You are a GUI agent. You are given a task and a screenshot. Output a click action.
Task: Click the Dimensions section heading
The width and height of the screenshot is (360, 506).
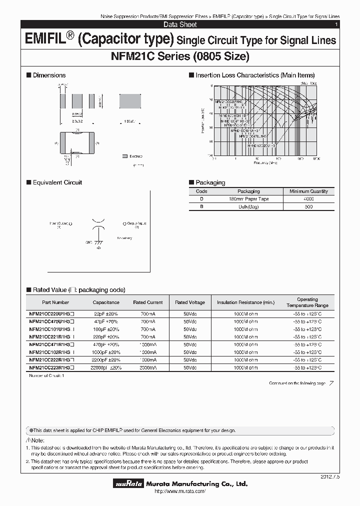click(x=49, y=75)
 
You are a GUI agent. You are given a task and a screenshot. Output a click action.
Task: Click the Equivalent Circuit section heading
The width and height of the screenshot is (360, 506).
click(x=57, y=182)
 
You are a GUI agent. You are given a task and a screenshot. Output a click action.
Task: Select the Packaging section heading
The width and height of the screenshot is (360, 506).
click(x=210, y=182)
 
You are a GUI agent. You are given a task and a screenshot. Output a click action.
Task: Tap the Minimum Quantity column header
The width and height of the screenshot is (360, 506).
click(x=309, y=191)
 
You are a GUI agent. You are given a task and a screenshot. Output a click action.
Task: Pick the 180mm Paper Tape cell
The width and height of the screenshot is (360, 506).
click(x=248, y=199)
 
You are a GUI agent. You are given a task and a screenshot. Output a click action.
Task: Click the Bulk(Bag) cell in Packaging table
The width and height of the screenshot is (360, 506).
click(x=248, y=207)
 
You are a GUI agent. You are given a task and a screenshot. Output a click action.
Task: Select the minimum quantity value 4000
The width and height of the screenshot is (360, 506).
click(x=309, y=199)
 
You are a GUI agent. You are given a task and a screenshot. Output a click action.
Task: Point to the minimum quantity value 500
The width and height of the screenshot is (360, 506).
click(x=309, y=207)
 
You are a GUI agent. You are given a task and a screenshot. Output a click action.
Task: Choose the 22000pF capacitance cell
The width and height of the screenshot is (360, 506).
click(x=106, y=367)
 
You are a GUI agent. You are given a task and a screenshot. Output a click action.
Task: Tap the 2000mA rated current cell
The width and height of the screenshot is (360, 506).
click(x=148, y=367)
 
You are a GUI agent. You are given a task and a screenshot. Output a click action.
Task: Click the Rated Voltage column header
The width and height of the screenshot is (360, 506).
click(x=189, y=302)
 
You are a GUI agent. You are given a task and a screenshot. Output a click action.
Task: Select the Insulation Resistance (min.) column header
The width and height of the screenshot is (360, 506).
click(x=245, y=302)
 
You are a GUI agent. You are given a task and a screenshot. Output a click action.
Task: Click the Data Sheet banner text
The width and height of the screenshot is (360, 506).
click(x=180, y=24)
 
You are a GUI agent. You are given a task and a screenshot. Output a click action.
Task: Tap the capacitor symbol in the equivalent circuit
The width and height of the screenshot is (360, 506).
click(x=99, y=224)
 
